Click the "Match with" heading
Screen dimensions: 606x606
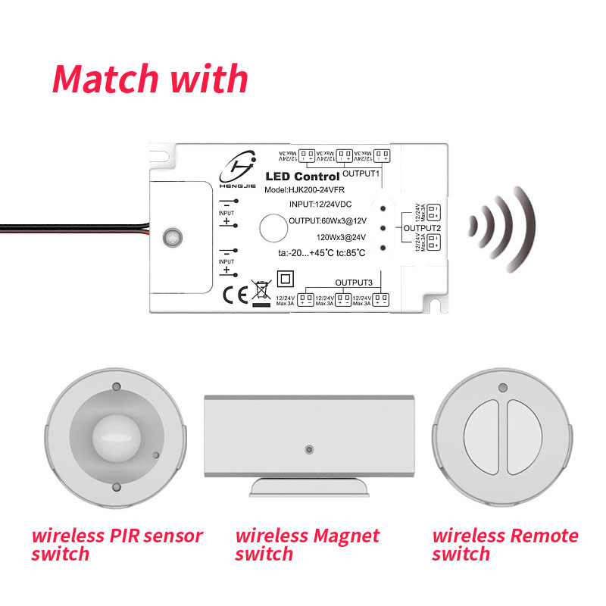(x=150, y=78)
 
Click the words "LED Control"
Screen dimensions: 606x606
(x=302, y=177)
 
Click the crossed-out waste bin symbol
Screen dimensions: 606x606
(x=261, y=292)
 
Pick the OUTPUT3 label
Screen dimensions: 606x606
(x=354, y=283)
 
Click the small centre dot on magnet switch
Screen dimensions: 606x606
(x=308, y=448)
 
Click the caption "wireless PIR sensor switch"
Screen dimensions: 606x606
(x=117, y=545)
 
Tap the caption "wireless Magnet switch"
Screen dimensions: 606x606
(x=307, y=545)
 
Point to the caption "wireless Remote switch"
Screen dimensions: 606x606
(x=504, y=545)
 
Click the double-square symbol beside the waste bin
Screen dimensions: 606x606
(x=286, y=277)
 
